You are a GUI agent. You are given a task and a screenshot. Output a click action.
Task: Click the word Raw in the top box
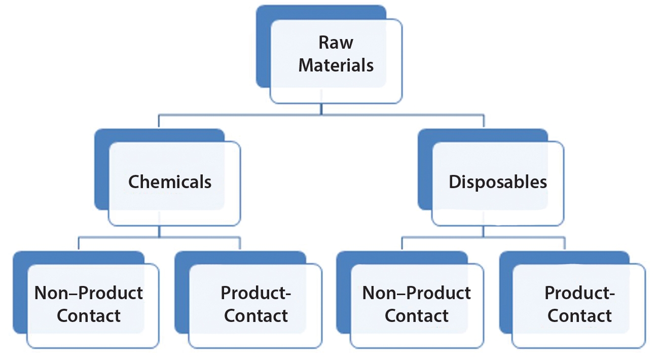click(336, 43)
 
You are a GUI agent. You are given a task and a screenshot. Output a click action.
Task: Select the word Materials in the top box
click(336, 65)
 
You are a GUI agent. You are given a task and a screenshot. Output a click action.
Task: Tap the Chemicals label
click(170, 182)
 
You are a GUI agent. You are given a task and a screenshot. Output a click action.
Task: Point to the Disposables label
click(498, 182)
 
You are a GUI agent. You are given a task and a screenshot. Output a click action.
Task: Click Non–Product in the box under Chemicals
click(89, 293)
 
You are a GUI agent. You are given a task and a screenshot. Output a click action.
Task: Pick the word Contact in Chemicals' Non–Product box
click(89, 315)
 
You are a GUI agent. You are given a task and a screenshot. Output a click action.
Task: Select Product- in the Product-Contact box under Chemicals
click(257, 293)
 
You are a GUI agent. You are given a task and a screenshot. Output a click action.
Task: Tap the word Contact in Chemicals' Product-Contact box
click(257, 315)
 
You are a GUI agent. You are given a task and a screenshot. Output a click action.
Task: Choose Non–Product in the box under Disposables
click(416, 293)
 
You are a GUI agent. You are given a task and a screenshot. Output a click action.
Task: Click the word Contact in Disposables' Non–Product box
click(416, 315)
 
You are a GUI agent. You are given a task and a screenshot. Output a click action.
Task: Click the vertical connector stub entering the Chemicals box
click(159, 122)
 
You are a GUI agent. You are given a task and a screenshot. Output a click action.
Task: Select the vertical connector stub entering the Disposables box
click(483, 122)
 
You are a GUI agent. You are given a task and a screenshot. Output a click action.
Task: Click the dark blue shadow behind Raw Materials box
click(264, 51)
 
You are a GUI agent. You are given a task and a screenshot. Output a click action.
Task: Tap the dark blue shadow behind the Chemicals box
click(101, 172)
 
